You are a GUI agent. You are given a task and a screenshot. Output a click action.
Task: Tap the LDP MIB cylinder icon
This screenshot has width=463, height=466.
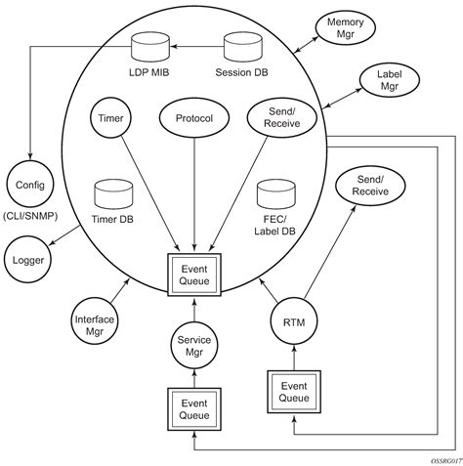(x=147, y=44)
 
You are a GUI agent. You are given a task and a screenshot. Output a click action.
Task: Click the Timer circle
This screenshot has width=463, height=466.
(x=109, y=118)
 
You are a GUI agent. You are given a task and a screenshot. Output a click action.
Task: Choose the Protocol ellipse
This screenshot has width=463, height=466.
(x=193, y=118)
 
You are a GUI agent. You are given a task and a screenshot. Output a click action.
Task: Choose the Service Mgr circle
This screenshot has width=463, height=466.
(x=193, y=345)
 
